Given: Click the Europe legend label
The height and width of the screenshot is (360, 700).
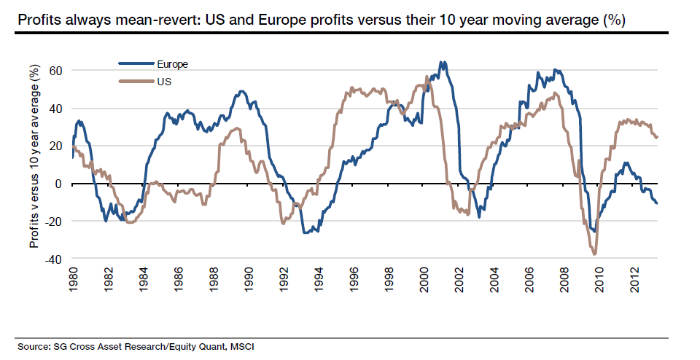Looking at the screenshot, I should [x=172, y=64].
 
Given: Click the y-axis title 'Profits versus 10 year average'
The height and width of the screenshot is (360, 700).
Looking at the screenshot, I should [x=34, y=155].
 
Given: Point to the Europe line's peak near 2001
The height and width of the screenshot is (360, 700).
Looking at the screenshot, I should [x=442, y=63].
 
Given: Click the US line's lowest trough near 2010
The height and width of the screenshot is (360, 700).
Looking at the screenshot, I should [x=595, y=254].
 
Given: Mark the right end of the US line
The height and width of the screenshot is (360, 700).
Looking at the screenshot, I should [x=657, y=137].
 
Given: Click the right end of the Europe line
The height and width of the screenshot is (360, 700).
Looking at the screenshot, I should [x=657, y=203].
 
